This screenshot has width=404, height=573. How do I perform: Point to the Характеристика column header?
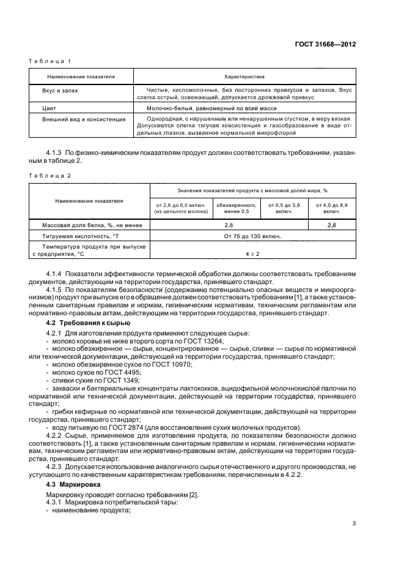click(x=244, y=77)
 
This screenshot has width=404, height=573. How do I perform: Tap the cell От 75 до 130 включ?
click(x=252, y=236)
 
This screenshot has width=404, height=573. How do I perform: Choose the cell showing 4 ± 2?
click(x=252, y=253)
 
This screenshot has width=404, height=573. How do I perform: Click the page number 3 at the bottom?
click(x=354, y=523)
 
